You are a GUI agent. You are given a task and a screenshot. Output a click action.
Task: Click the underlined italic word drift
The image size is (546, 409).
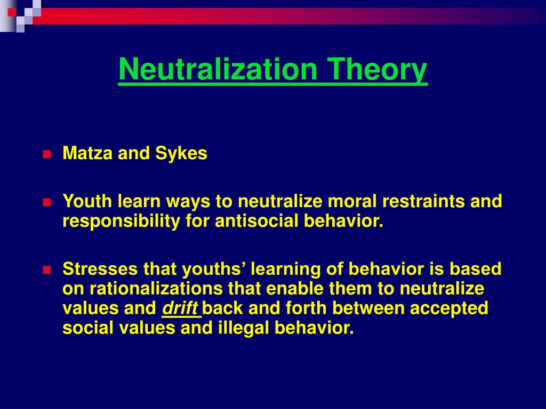click(180, 308)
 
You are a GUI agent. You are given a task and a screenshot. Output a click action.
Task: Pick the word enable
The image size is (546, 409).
click(292, 289)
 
